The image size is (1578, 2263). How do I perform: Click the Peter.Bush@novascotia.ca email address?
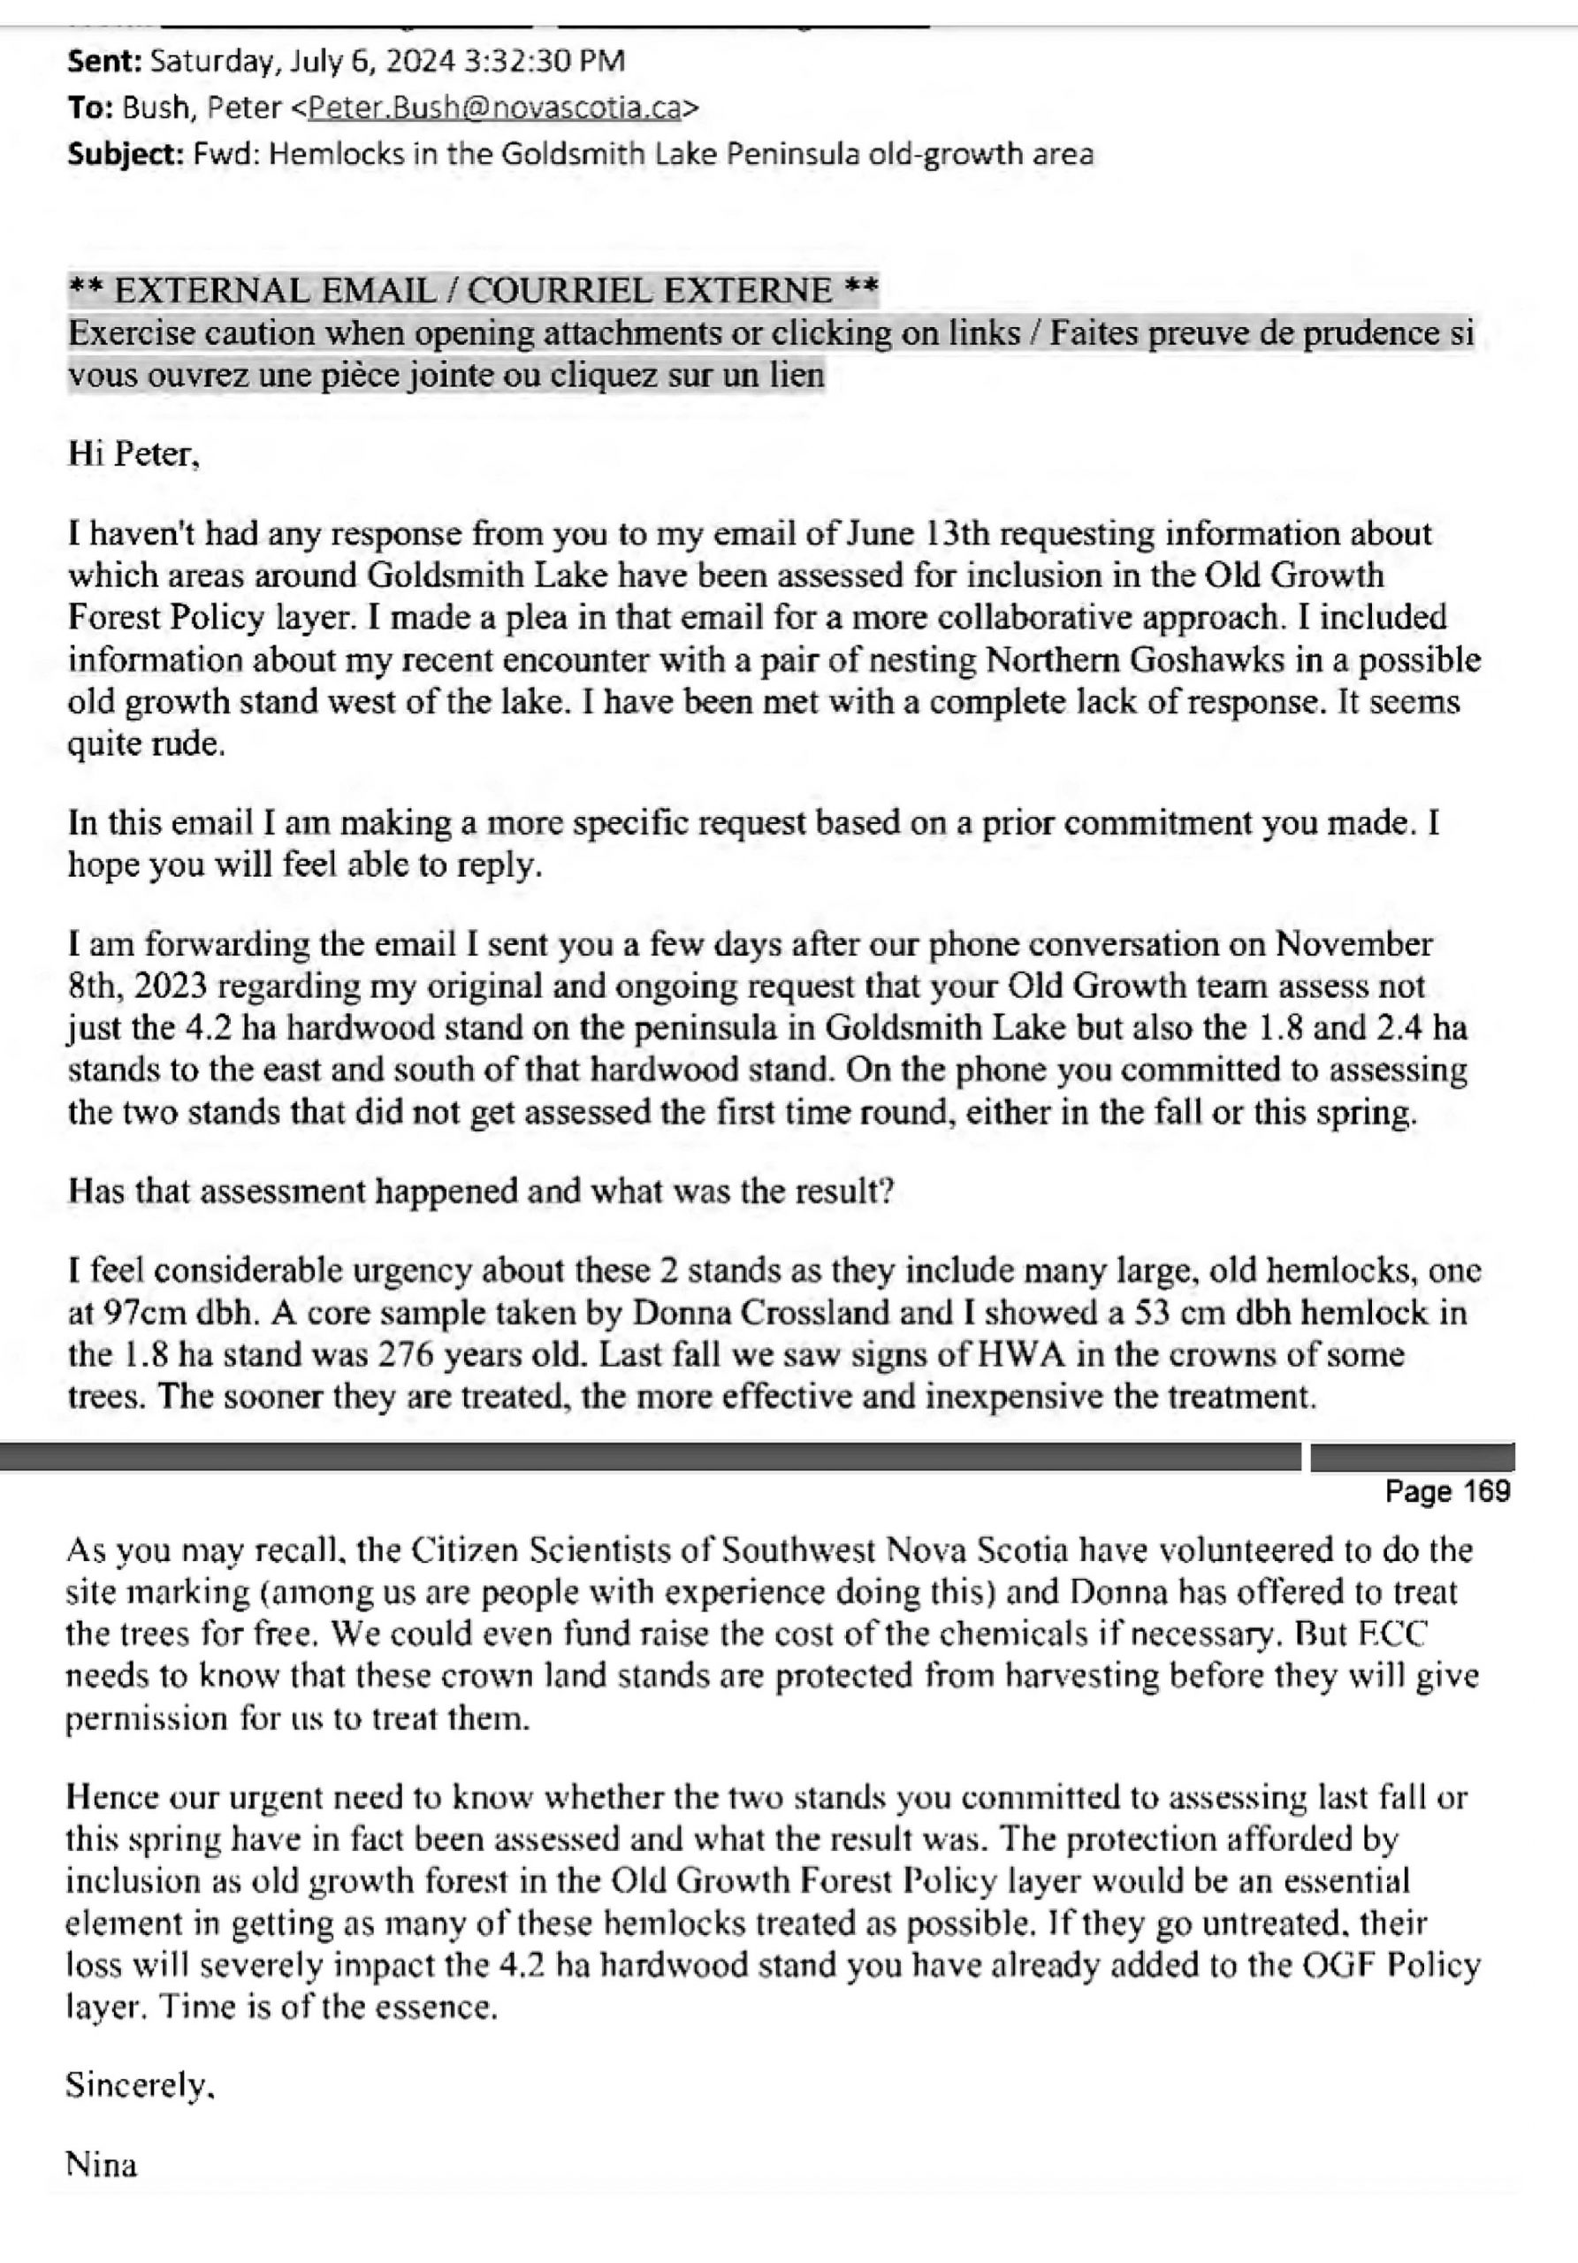click(494, 108)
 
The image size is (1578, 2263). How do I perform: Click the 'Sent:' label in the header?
click(104, 61)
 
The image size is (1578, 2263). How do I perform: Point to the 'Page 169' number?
click(1446, 1490)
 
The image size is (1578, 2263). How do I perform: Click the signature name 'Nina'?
click(101, 2165)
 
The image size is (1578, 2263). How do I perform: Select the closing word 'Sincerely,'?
click(139, 2084)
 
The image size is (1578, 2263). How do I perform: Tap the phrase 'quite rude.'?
click(146, 743)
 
